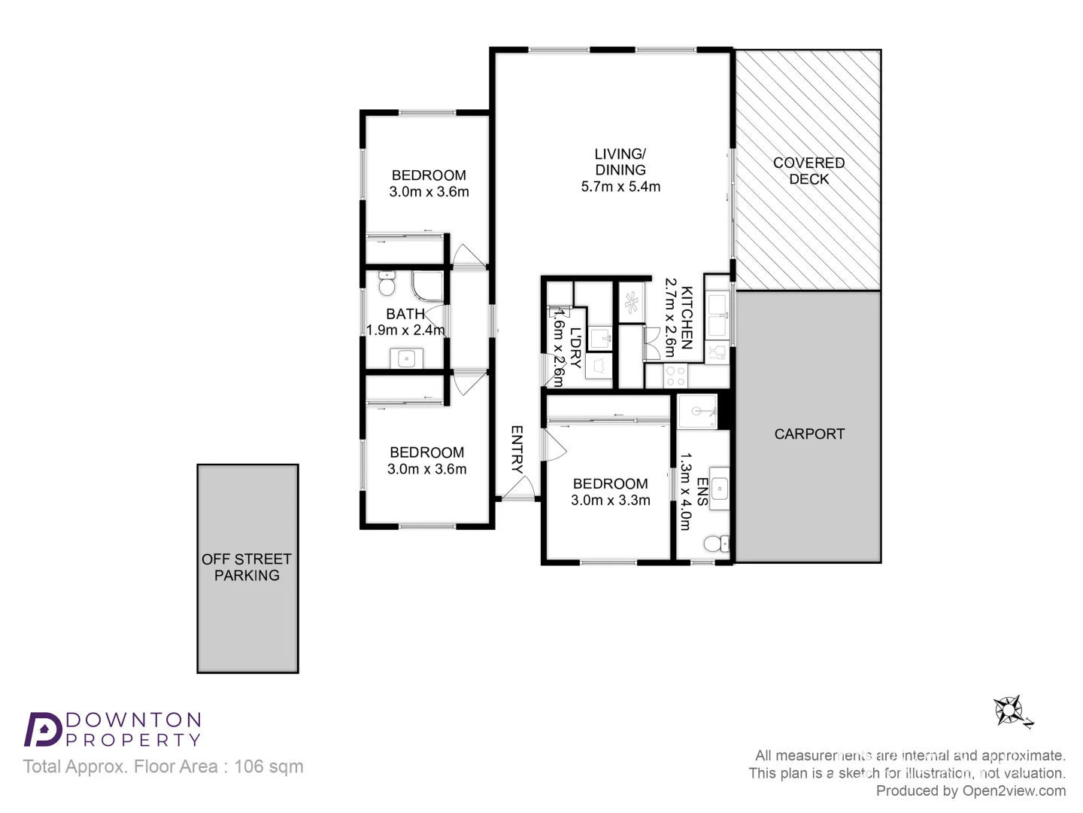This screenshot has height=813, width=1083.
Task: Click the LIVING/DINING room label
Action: click(620, 162)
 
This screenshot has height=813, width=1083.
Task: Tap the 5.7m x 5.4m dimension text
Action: click(620, 187)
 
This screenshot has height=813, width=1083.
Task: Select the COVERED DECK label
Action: click(808, 171)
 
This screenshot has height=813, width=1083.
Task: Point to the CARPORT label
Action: click(809, 434)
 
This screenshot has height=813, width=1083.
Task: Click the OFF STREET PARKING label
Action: click(247, 567)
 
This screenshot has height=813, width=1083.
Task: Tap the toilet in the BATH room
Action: click(387, 283)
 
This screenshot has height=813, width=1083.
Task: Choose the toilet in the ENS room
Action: click(716, 544)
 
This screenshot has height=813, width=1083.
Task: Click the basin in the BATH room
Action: click(406, 358)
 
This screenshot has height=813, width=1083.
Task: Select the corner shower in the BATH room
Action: click(428, 286)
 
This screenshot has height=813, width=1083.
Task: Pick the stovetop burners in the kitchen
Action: click(675, 376)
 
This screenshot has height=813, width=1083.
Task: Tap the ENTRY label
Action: click(517, 449)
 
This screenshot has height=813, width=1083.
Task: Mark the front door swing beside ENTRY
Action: click(518, 488)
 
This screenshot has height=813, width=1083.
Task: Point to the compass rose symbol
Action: click(1009, 711)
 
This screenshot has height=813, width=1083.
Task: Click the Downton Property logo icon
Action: click(44, 729)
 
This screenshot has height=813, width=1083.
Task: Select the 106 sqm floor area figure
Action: click(269, 766)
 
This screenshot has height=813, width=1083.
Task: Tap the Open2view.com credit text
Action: click(1014, 790)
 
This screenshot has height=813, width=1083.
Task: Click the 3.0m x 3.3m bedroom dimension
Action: click(611, 500)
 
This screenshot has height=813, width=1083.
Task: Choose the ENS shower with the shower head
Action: click(697, 411)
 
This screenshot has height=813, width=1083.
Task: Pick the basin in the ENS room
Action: click(720, 489)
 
